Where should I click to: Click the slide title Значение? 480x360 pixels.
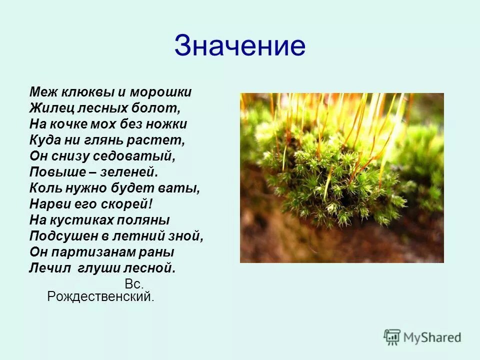239,46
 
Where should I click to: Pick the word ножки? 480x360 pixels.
167,124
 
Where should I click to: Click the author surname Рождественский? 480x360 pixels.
100,297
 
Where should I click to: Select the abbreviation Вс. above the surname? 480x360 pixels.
134,284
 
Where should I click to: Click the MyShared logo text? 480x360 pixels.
432,337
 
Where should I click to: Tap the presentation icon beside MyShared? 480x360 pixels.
392,337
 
